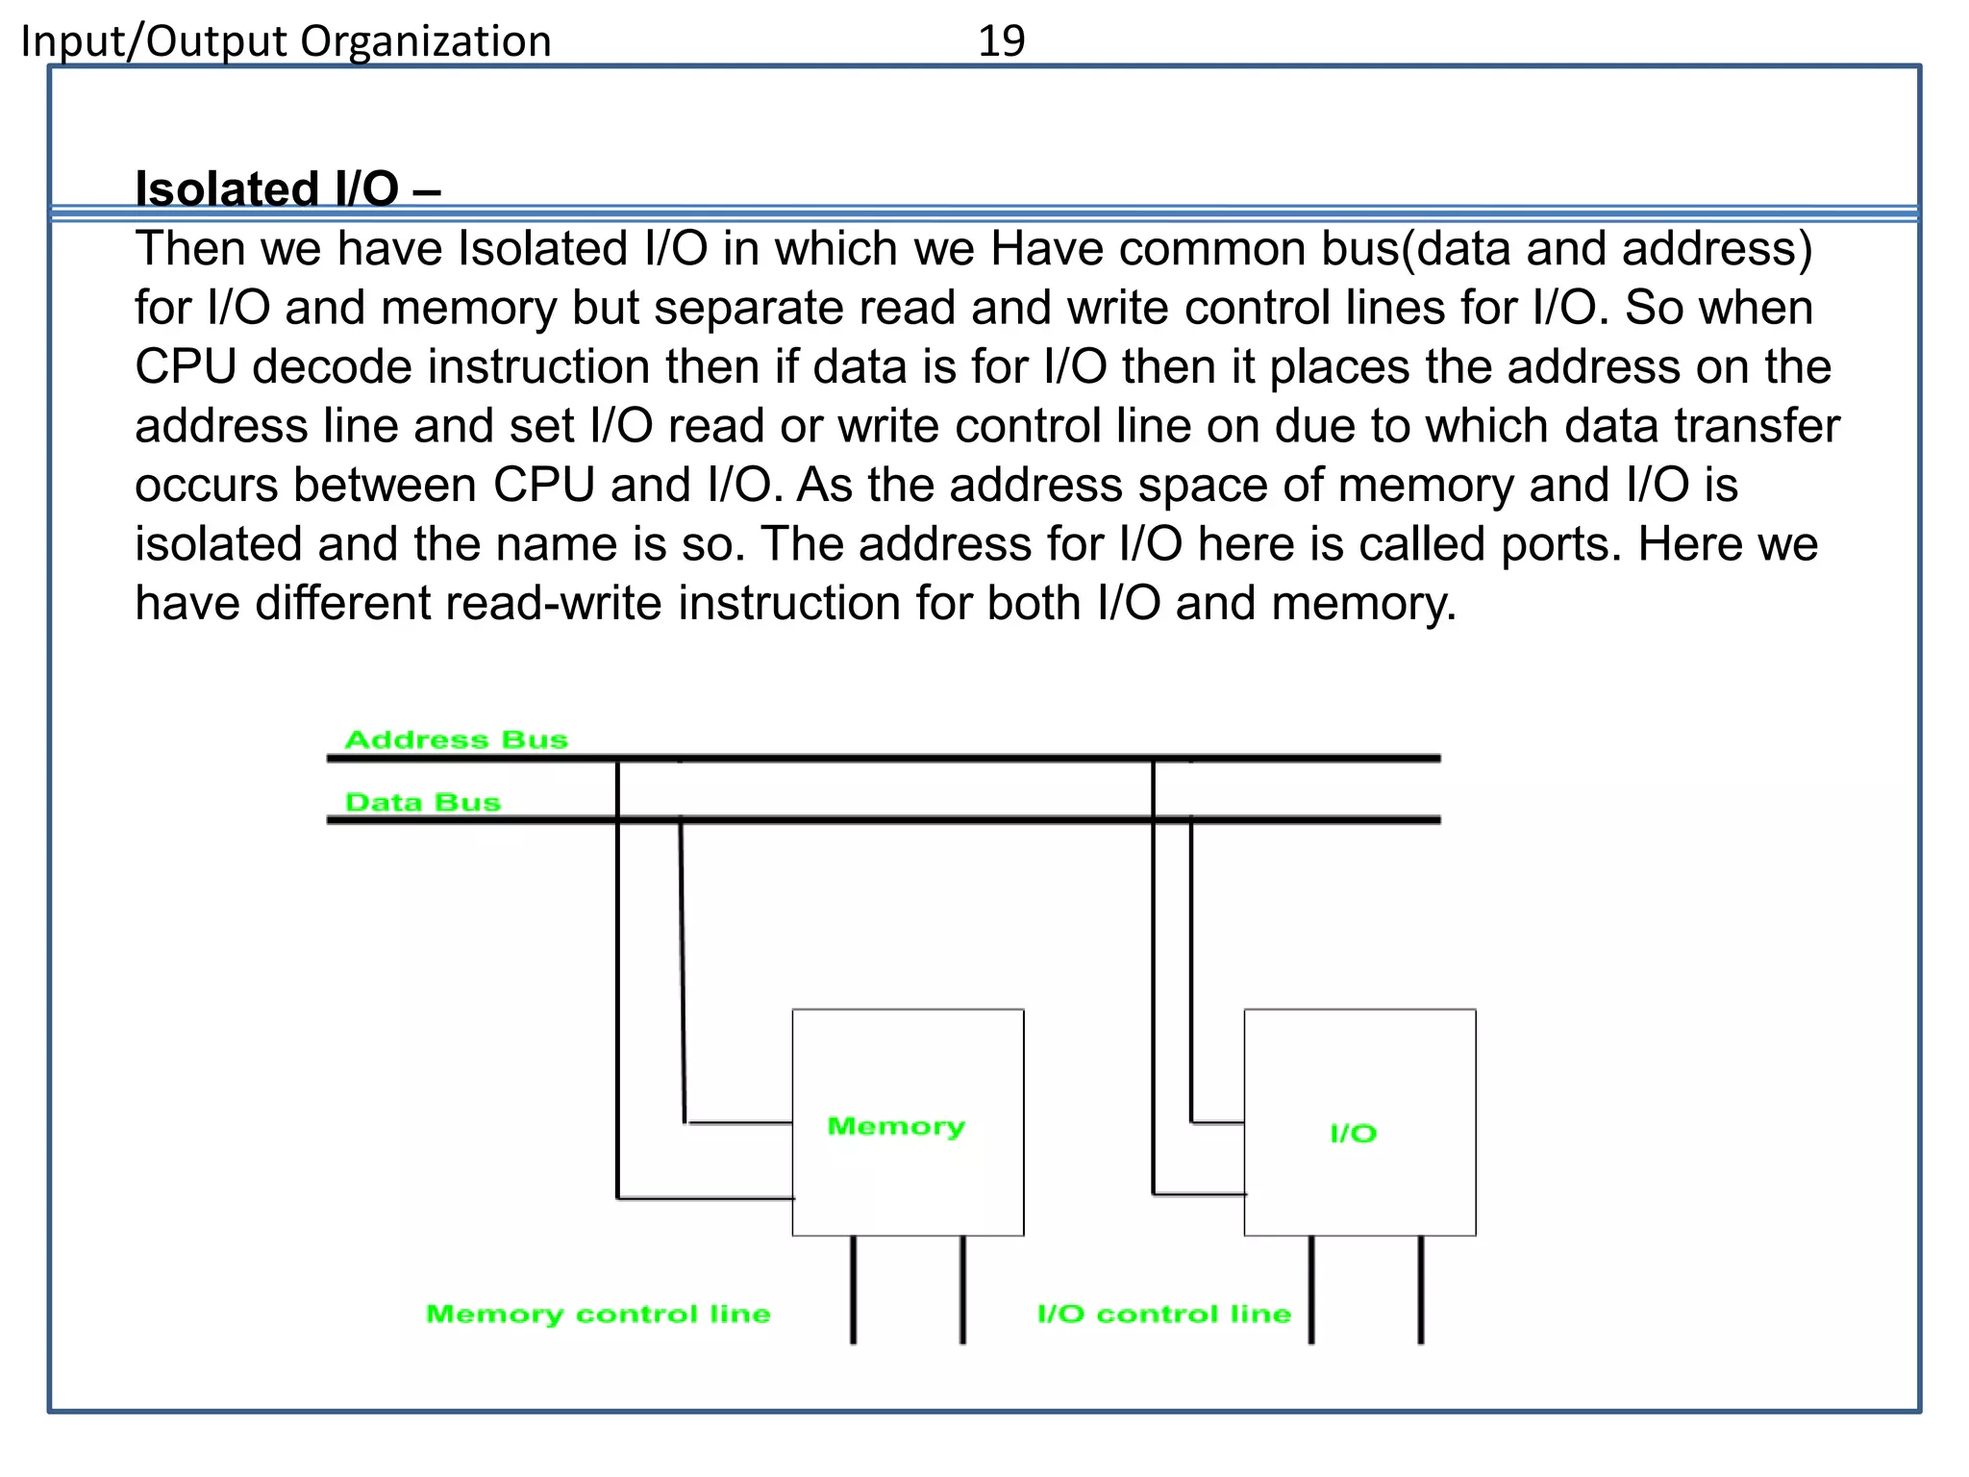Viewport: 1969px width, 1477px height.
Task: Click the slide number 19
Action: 1001,40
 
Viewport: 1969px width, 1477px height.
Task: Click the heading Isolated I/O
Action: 287,188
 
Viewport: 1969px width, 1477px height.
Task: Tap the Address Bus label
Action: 457,739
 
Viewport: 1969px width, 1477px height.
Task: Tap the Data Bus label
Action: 423,802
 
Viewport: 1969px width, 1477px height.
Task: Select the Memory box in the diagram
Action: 908,1122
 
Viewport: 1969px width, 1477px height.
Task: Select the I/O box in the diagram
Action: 1359,1122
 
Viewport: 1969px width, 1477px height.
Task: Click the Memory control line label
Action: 598,1314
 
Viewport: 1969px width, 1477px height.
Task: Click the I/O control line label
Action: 1163,1314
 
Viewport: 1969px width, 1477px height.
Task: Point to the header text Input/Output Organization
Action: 287,41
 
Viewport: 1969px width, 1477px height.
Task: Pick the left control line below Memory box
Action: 853,1289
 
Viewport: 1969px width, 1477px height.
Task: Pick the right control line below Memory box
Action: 962,1289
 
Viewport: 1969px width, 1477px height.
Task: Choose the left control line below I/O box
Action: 1311,1289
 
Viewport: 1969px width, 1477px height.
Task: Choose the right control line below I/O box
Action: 1421,1289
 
